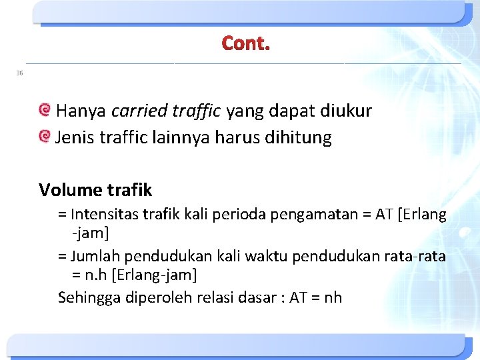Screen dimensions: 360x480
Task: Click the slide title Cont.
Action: coord(246,44)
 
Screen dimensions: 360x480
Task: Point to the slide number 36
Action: coord(19,73)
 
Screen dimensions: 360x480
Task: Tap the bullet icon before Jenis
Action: coord(45,137)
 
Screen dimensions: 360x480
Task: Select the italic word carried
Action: coord(136,111)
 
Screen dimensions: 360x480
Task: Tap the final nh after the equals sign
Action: coord(332,297)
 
